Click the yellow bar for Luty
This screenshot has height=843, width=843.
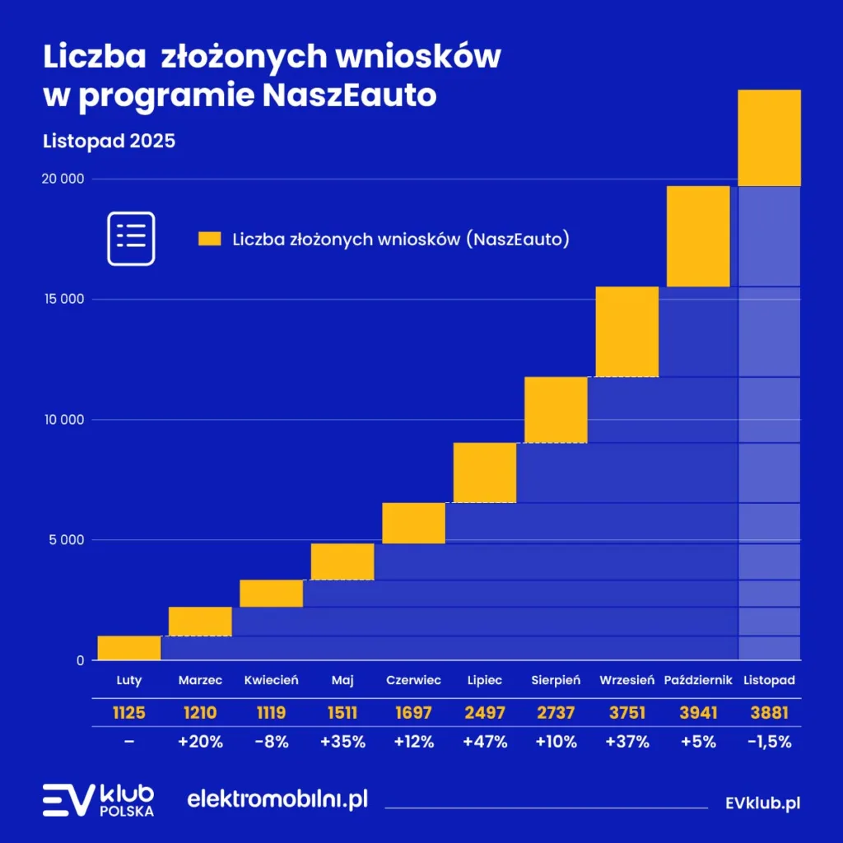tap(128, 648)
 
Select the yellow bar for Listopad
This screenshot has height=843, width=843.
tap(769, 137)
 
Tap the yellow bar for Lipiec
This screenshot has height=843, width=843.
tap(484, 473)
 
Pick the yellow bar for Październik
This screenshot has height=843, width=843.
tap(698, 236)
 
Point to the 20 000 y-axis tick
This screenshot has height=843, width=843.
tap(63, 179)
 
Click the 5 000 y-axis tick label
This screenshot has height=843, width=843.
tap(66, 540)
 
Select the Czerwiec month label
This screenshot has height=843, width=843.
tap(413, 680)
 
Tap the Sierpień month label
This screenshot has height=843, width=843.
tap(556, 680)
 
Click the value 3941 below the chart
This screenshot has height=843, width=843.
tap(698, 712)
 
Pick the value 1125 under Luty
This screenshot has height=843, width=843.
tap(128, 712)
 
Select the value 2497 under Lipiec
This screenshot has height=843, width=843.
tap(484, 712)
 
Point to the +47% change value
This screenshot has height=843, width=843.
tap(484, 741)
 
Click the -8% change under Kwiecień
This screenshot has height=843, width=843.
tap(271, 741)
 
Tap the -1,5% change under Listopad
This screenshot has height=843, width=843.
tap(769, 741)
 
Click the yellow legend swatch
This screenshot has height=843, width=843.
tap(210, 240)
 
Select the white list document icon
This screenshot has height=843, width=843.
tap(131, 239)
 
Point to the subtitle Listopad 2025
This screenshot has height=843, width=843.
tap(109, 141)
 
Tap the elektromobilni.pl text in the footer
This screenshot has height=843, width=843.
tap(277, 799)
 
